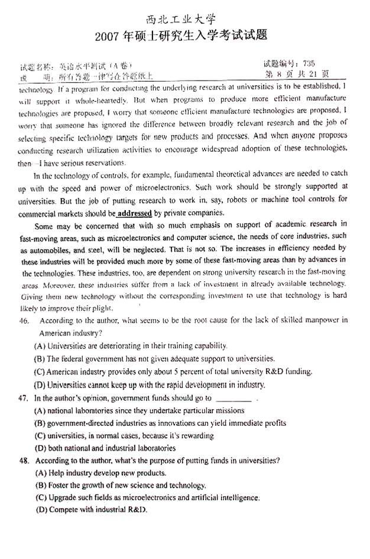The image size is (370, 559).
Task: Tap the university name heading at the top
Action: click(185, 18)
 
